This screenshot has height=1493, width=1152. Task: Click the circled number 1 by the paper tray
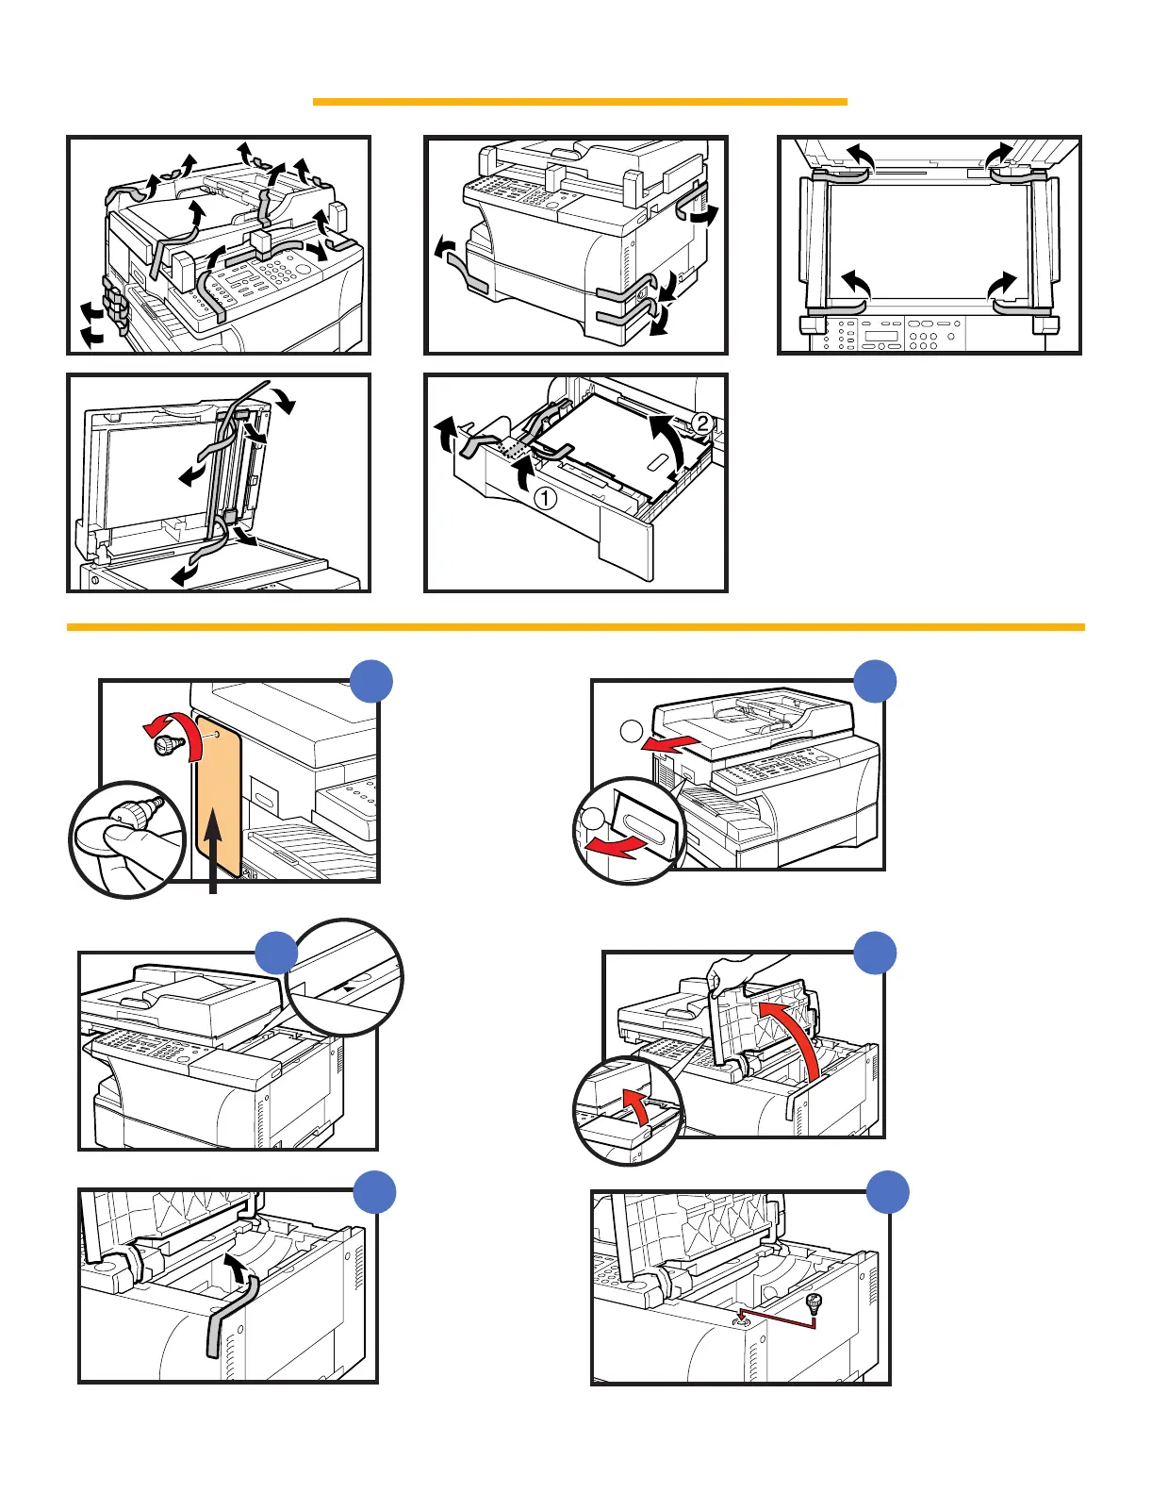coord(545,497)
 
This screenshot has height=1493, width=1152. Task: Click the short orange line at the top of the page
coord(580,101)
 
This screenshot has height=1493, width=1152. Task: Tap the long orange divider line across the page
coord(575,626)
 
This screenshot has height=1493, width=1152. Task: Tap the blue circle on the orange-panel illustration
coord(371,681)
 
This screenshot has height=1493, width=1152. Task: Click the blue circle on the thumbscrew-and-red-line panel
coord(888,1192)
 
